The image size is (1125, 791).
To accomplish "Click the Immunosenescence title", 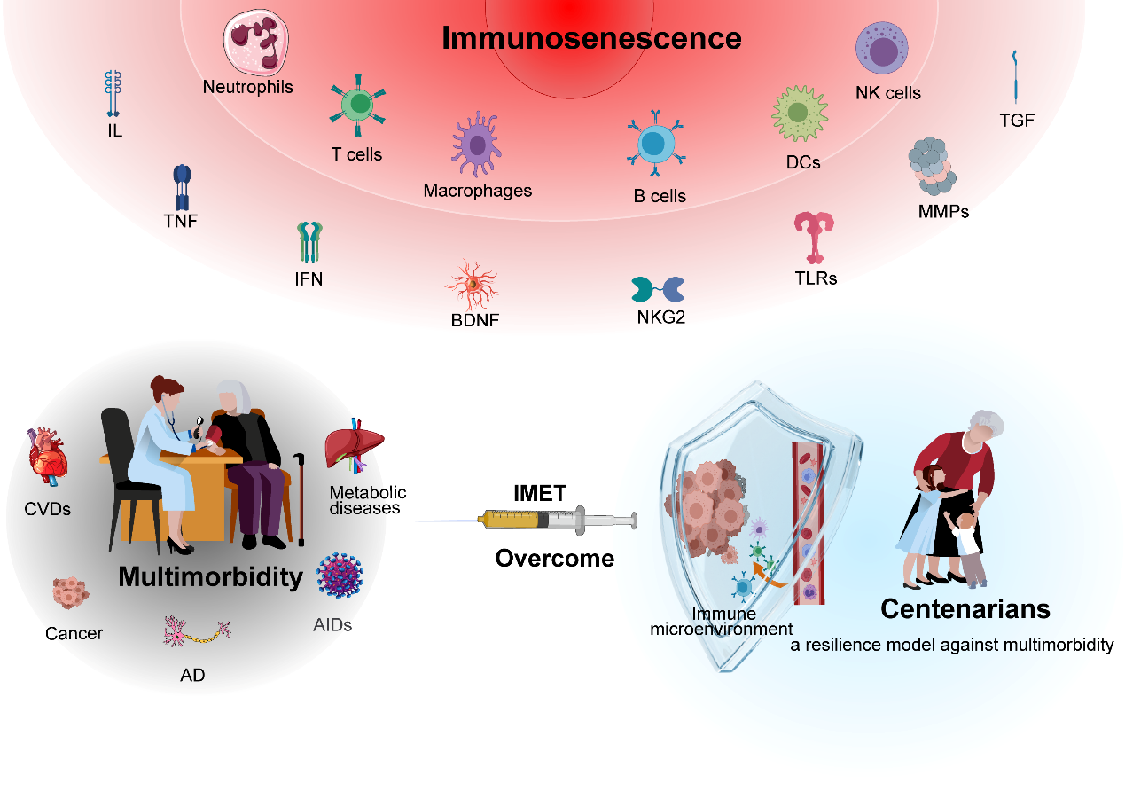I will point(591,39).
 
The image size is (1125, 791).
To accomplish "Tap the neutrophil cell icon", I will point(256,42).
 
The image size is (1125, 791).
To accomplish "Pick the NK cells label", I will point(887,93).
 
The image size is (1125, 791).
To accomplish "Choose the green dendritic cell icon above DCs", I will point(799,113).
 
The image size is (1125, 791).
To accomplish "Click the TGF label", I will point(1017,121).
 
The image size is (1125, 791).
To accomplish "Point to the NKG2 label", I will point(661,317).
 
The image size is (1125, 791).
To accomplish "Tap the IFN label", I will point(309,279).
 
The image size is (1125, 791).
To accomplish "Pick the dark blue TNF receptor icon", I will point(182,185).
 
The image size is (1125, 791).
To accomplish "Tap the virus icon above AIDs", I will point(340,576).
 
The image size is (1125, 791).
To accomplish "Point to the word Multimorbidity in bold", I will point(210,577).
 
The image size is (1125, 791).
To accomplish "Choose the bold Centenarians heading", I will point(965,609).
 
